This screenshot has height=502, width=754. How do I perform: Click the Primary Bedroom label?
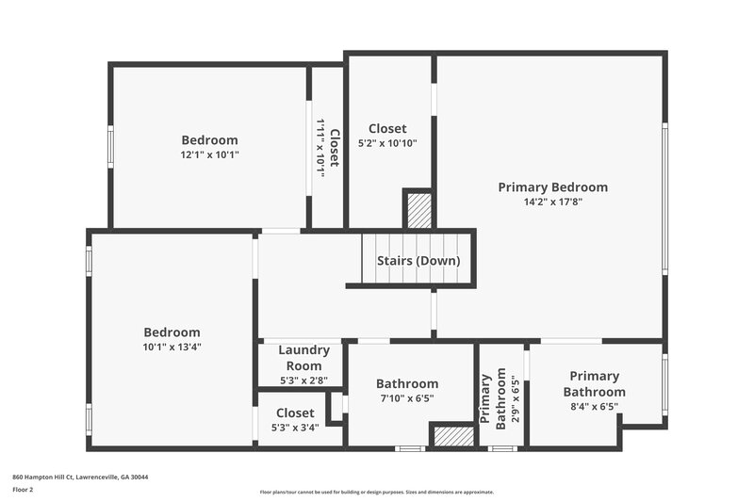coord(552,187)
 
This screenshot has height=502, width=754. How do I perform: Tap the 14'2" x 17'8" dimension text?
coord(552,201)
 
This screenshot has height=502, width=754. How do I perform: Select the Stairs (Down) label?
coord(418,261)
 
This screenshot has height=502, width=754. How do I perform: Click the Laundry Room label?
coord(303,358)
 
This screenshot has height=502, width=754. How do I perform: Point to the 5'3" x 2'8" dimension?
coord(303,381)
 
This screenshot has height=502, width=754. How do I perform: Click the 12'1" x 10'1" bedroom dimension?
coord(209,154)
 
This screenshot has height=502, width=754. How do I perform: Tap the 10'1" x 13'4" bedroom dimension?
coord(172,347)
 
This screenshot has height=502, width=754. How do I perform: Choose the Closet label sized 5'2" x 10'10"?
coord(387,129)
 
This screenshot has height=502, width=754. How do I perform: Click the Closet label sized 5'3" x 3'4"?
coord(295,413)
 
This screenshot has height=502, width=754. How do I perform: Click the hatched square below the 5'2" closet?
coord(419,209)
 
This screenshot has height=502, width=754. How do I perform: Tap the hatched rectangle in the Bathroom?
coord(452,436)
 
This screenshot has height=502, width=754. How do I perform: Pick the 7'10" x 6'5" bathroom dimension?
coord(407,398)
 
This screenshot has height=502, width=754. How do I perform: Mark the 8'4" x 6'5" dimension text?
coord(594,407)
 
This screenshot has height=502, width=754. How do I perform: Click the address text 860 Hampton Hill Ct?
coord(80,477)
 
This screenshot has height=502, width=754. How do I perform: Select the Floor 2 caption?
coord(24,490)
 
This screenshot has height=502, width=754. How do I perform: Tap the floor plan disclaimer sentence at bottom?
coord(376,492)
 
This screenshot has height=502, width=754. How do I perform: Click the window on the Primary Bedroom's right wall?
coord(664,197)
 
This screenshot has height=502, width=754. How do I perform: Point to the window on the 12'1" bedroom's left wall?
coord(110,148)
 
